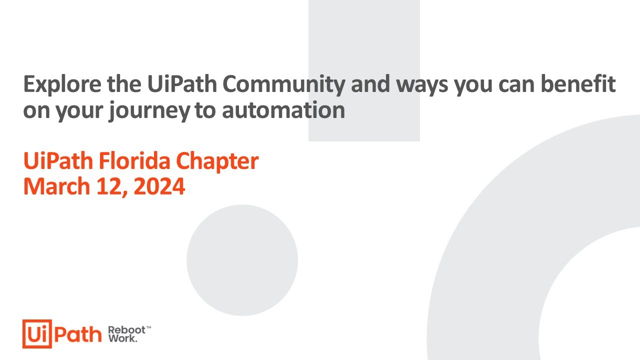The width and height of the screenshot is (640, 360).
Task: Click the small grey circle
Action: pyautogui.click(x=242, y=260)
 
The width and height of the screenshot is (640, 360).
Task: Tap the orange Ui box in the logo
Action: pyautogui.click(x=36, y=333)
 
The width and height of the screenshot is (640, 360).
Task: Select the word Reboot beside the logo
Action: pyautogui.click(x=126, y=330)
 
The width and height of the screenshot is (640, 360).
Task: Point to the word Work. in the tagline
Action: pyautogui.click(x=122, y=338)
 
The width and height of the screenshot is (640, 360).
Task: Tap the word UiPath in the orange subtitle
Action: pyautogui.click(x=57, y=161)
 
